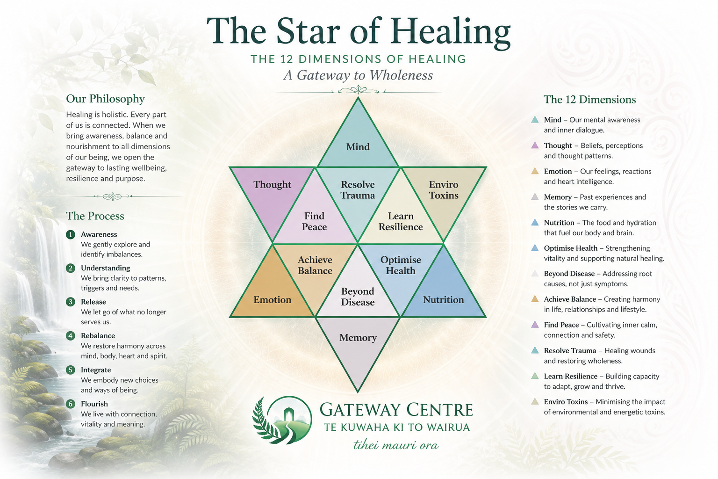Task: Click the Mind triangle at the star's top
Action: coord(358,141)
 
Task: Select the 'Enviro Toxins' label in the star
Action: coord(444,190)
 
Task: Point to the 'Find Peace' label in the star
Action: coord(314,221)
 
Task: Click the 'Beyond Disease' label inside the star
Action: coord(358,297)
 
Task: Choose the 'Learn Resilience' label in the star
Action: coord(401,221)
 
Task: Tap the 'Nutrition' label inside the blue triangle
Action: coord(443,300)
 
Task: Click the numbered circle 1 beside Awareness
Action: coord(71,234)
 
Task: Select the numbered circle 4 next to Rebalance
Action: coord(71,336)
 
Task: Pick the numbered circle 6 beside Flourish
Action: coord(71,404)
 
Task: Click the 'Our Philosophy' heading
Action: coord(106,99)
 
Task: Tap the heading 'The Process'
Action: coord(95,216)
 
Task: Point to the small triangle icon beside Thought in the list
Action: coord(535,145)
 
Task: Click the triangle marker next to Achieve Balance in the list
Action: coord(535,299)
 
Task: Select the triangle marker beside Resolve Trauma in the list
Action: coord(535,350)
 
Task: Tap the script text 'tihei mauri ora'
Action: coord(396,445)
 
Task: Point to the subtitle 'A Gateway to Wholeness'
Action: coord(358,75)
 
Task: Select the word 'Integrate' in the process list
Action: coord(96,370)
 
